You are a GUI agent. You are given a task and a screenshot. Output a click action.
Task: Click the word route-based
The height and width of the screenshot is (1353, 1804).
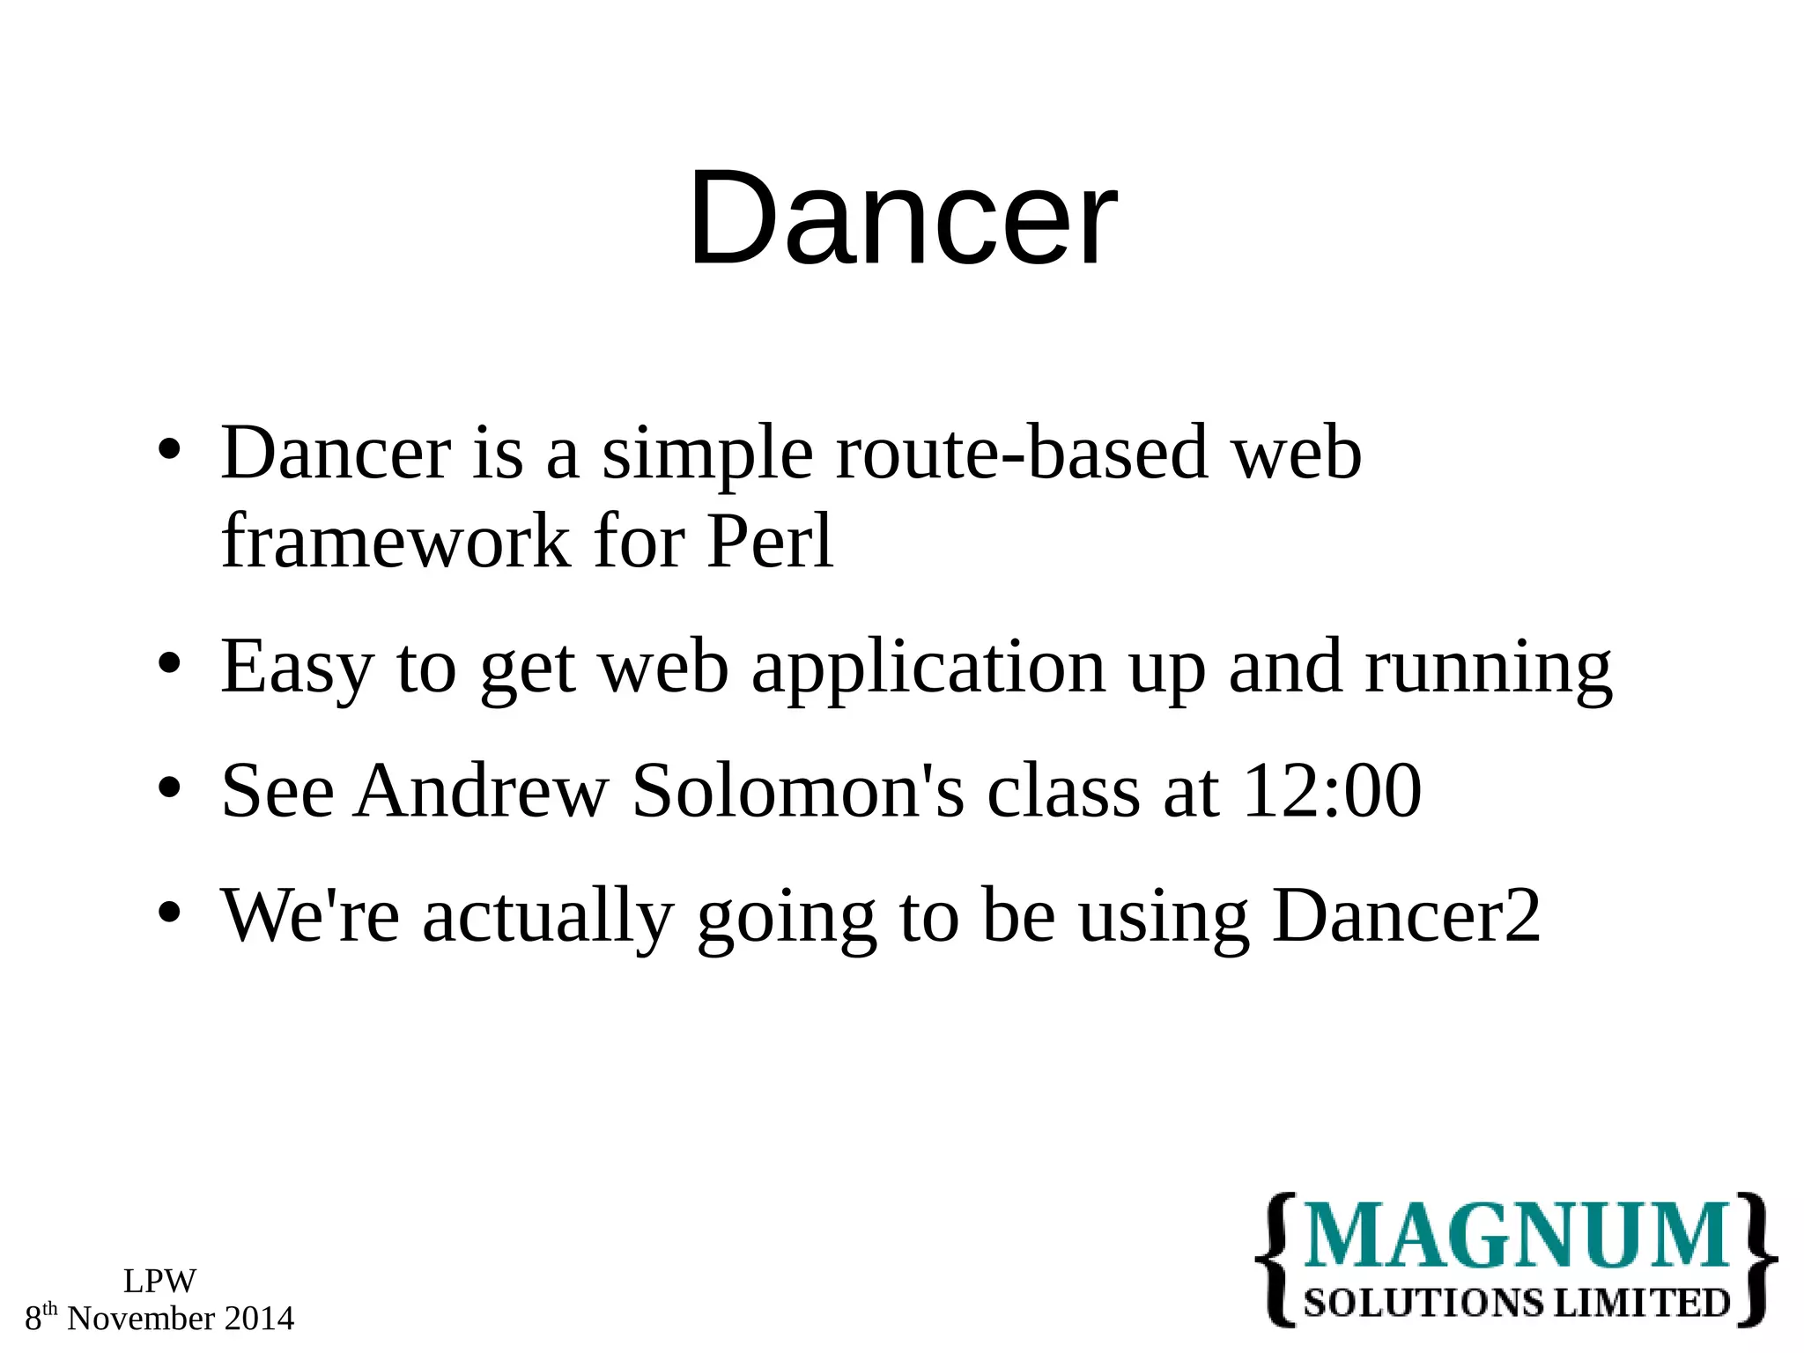1022,453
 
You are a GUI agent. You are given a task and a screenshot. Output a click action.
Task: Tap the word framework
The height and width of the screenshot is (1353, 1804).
396,541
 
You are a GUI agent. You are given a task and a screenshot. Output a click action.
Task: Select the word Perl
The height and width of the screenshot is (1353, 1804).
769,541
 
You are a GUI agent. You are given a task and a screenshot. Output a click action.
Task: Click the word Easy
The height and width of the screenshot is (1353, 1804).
297,668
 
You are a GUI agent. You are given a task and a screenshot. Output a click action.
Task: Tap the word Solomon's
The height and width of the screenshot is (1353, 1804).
798,791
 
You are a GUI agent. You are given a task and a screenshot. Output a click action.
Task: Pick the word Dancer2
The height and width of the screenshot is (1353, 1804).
1406,916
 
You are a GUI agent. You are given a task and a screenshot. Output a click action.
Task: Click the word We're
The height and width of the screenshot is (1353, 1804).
309,916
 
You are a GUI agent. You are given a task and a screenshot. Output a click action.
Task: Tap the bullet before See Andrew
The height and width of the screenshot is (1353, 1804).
169,787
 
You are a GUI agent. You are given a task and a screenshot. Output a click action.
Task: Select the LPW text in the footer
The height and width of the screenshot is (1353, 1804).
159,1281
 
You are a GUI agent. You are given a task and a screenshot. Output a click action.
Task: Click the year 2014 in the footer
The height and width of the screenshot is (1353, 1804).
259,1319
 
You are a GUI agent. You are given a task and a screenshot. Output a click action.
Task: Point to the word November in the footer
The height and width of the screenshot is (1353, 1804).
141,1319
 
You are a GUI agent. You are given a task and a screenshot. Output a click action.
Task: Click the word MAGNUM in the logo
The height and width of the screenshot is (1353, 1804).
1515,1236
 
